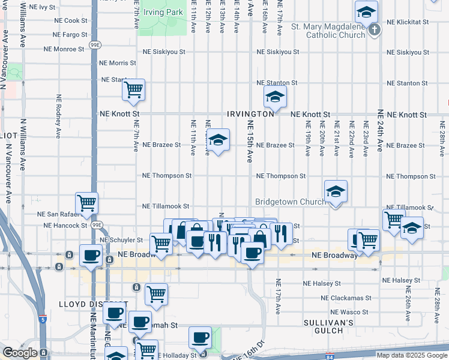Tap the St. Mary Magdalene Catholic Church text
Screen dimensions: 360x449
[328, 31]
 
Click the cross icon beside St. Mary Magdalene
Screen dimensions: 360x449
[374, 29]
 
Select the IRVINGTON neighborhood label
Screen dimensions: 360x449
[250, 114]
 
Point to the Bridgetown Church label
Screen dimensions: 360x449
[291, 202]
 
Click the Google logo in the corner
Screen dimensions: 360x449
[20, 353]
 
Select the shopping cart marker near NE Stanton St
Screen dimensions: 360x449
[133, 90]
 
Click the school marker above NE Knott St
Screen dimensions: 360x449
[274, 97]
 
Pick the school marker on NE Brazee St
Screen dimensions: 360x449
[218, 140]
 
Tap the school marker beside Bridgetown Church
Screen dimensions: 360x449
[335, 191]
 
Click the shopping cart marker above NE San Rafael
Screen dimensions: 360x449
[87, 203]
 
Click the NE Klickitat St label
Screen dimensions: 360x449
[408, 22]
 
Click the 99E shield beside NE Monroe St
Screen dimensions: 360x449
[95, 44]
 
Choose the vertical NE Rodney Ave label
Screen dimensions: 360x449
[58, 114]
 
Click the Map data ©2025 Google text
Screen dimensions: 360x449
[412, 355]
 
